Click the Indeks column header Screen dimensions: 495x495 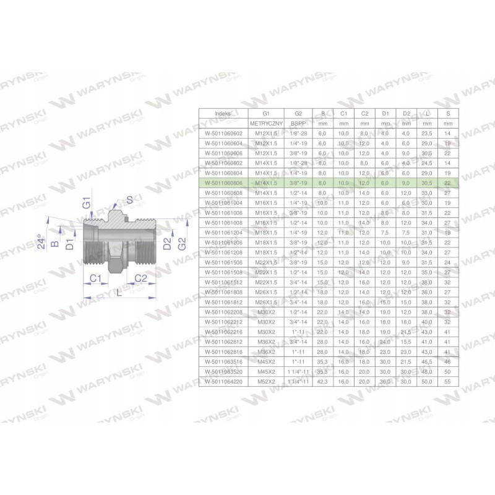click(223, 114)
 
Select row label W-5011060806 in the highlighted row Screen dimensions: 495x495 click(223, 183)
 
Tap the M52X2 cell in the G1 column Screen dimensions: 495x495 click(266, 382)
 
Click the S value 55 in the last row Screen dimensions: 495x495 click(447, 382)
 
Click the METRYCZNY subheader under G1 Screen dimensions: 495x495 click(266, 123)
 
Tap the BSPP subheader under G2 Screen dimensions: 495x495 click(298, 123)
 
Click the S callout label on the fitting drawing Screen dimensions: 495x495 click(129, 199)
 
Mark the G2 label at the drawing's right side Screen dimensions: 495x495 click(181, 243)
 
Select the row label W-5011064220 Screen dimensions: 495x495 click(223, 382)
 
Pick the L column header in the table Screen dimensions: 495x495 click(427, 114)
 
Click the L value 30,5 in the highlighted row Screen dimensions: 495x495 click(427, 183)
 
